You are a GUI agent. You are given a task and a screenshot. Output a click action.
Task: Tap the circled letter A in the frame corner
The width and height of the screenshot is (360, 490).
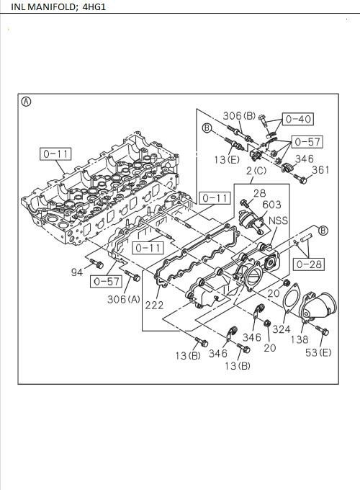click(27, 102)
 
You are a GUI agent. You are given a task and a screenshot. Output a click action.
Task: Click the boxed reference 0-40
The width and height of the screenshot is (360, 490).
click(297, 119)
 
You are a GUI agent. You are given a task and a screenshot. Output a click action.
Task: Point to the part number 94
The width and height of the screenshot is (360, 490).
click(77, 272)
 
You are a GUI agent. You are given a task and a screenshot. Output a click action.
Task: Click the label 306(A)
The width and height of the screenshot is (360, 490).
click(123, 299)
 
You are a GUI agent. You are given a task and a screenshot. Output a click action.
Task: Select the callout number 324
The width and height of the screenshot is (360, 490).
click(281, 329)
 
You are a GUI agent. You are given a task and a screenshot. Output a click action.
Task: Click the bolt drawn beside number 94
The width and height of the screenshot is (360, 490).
click(96, 267)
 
